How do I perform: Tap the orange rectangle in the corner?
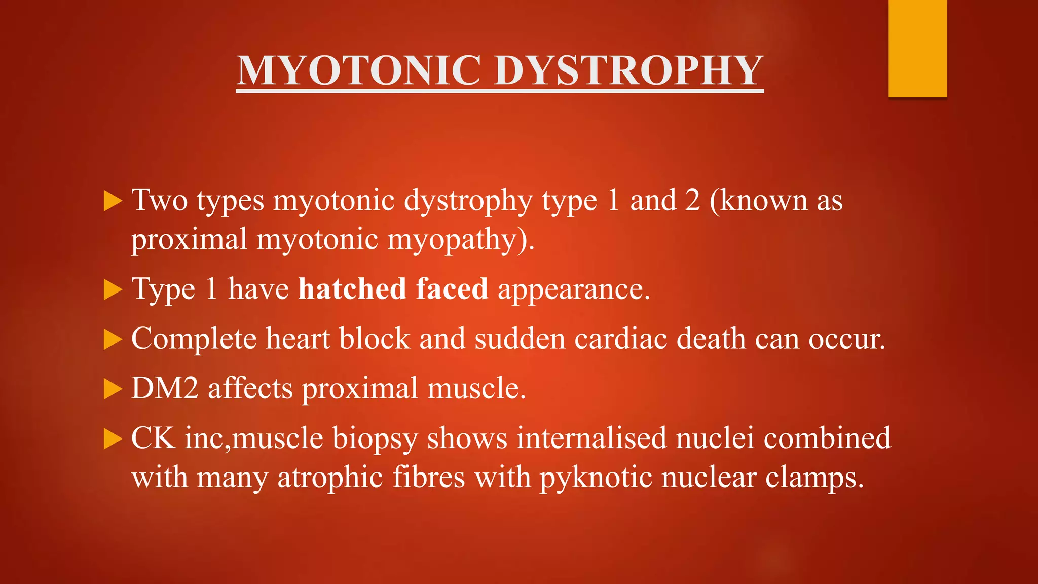coord(917,48)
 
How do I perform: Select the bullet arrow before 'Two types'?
coord(113,201)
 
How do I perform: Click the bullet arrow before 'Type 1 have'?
coord(113,290)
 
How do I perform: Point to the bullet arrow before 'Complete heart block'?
coord(113,340)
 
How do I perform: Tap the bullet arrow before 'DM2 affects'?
coord(113,390)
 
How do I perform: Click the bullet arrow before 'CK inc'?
coord(113,439)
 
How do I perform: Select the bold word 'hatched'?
coord(352,289)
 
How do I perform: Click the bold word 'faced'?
coord(452,289)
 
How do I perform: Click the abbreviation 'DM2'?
coord(165,388)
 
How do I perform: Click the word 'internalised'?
coord(591,438)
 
